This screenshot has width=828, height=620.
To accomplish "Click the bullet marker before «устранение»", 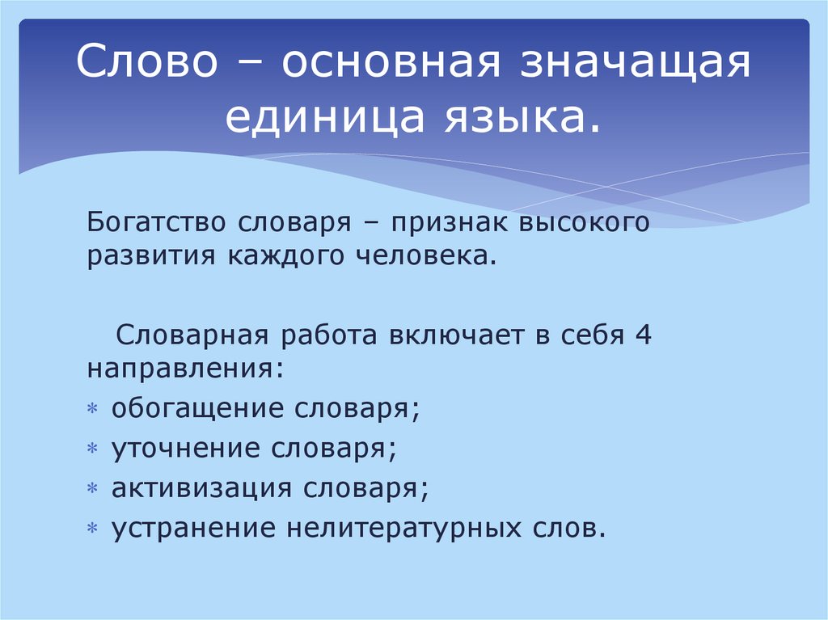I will click(x=93, y=529).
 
